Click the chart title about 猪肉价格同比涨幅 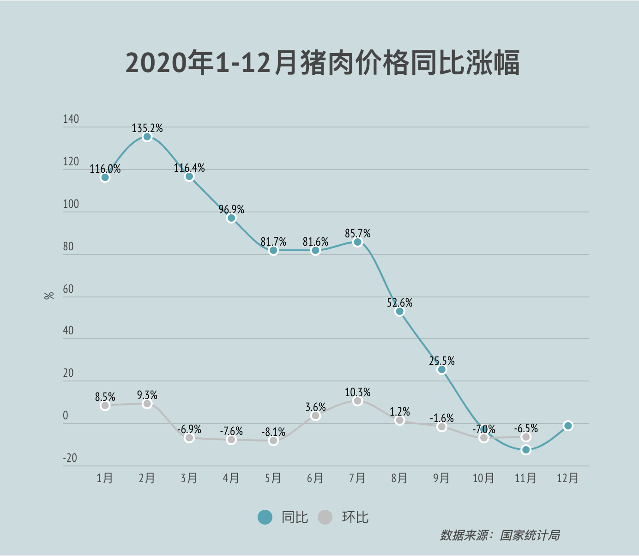tap(323, 63)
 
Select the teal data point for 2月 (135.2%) tap(147, 137)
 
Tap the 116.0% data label tap(105, 169)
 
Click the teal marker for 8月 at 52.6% tap(400, 312)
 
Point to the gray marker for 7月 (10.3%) tap(357, 401)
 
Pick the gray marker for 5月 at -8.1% tap(273, 441)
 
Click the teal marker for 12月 tap(568, 426)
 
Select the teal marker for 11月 tap(526, 450)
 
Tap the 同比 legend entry tap(283, 517)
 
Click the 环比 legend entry tap(344, 517)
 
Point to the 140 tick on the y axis tap(71, 119)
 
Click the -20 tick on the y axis tap(70, 458)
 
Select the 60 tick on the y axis tap(68, 289)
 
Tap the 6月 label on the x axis tap(315, 478)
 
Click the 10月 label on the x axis tap(483, 478)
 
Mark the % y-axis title tap(49, 296)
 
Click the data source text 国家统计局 tap(530, 536)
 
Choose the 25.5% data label tap(442, 361)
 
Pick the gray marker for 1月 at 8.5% tap(105, 405)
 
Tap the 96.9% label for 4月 tap(231, 210)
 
